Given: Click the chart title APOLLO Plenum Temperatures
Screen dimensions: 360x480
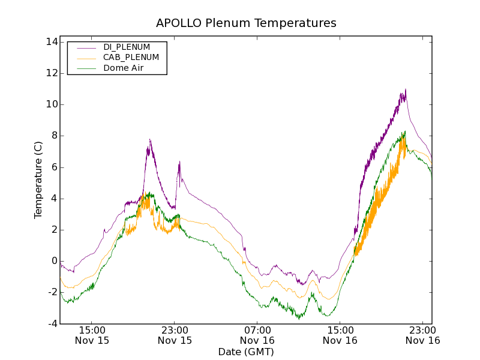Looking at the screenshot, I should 246,23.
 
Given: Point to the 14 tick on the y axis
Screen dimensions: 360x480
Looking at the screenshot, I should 51,42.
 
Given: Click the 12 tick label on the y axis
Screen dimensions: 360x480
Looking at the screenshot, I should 51,73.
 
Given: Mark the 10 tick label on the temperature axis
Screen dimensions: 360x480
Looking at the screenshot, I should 51,104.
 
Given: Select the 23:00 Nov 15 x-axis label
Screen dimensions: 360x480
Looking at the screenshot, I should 175,335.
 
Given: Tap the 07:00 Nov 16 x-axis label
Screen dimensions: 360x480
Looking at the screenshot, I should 257,335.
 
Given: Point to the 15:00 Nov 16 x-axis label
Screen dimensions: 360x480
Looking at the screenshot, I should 340,335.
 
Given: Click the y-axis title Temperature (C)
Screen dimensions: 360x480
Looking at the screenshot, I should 38,179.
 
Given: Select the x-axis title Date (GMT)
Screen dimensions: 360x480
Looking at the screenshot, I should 246,352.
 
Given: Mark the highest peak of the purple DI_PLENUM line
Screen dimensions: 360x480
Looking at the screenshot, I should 406,89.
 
